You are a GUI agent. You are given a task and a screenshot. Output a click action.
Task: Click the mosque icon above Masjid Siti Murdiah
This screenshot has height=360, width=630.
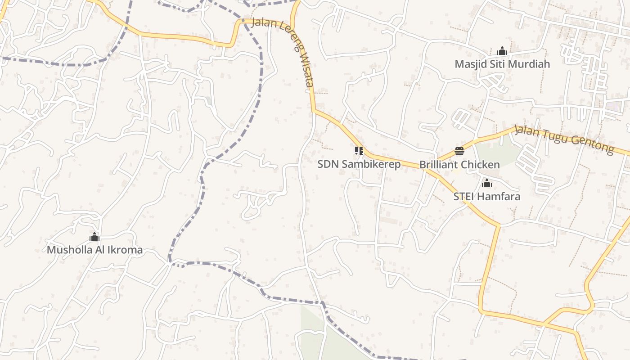[502, 51]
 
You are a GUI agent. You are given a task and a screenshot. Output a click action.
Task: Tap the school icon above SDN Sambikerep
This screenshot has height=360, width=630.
[359, 151]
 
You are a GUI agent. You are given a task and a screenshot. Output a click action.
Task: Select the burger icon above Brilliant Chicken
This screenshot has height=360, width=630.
[459, 151]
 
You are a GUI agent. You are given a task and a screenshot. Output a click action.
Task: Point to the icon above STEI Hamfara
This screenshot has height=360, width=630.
[487, 183]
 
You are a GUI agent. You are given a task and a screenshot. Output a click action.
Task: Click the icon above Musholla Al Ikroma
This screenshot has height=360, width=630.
[94, 237]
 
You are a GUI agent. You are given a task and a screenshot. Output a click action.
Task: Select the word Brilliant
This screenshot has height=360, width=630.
[439, 165]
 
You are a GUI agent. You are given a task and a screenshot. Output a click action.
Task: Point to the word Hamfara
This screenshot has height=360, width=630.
[499, 197]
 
